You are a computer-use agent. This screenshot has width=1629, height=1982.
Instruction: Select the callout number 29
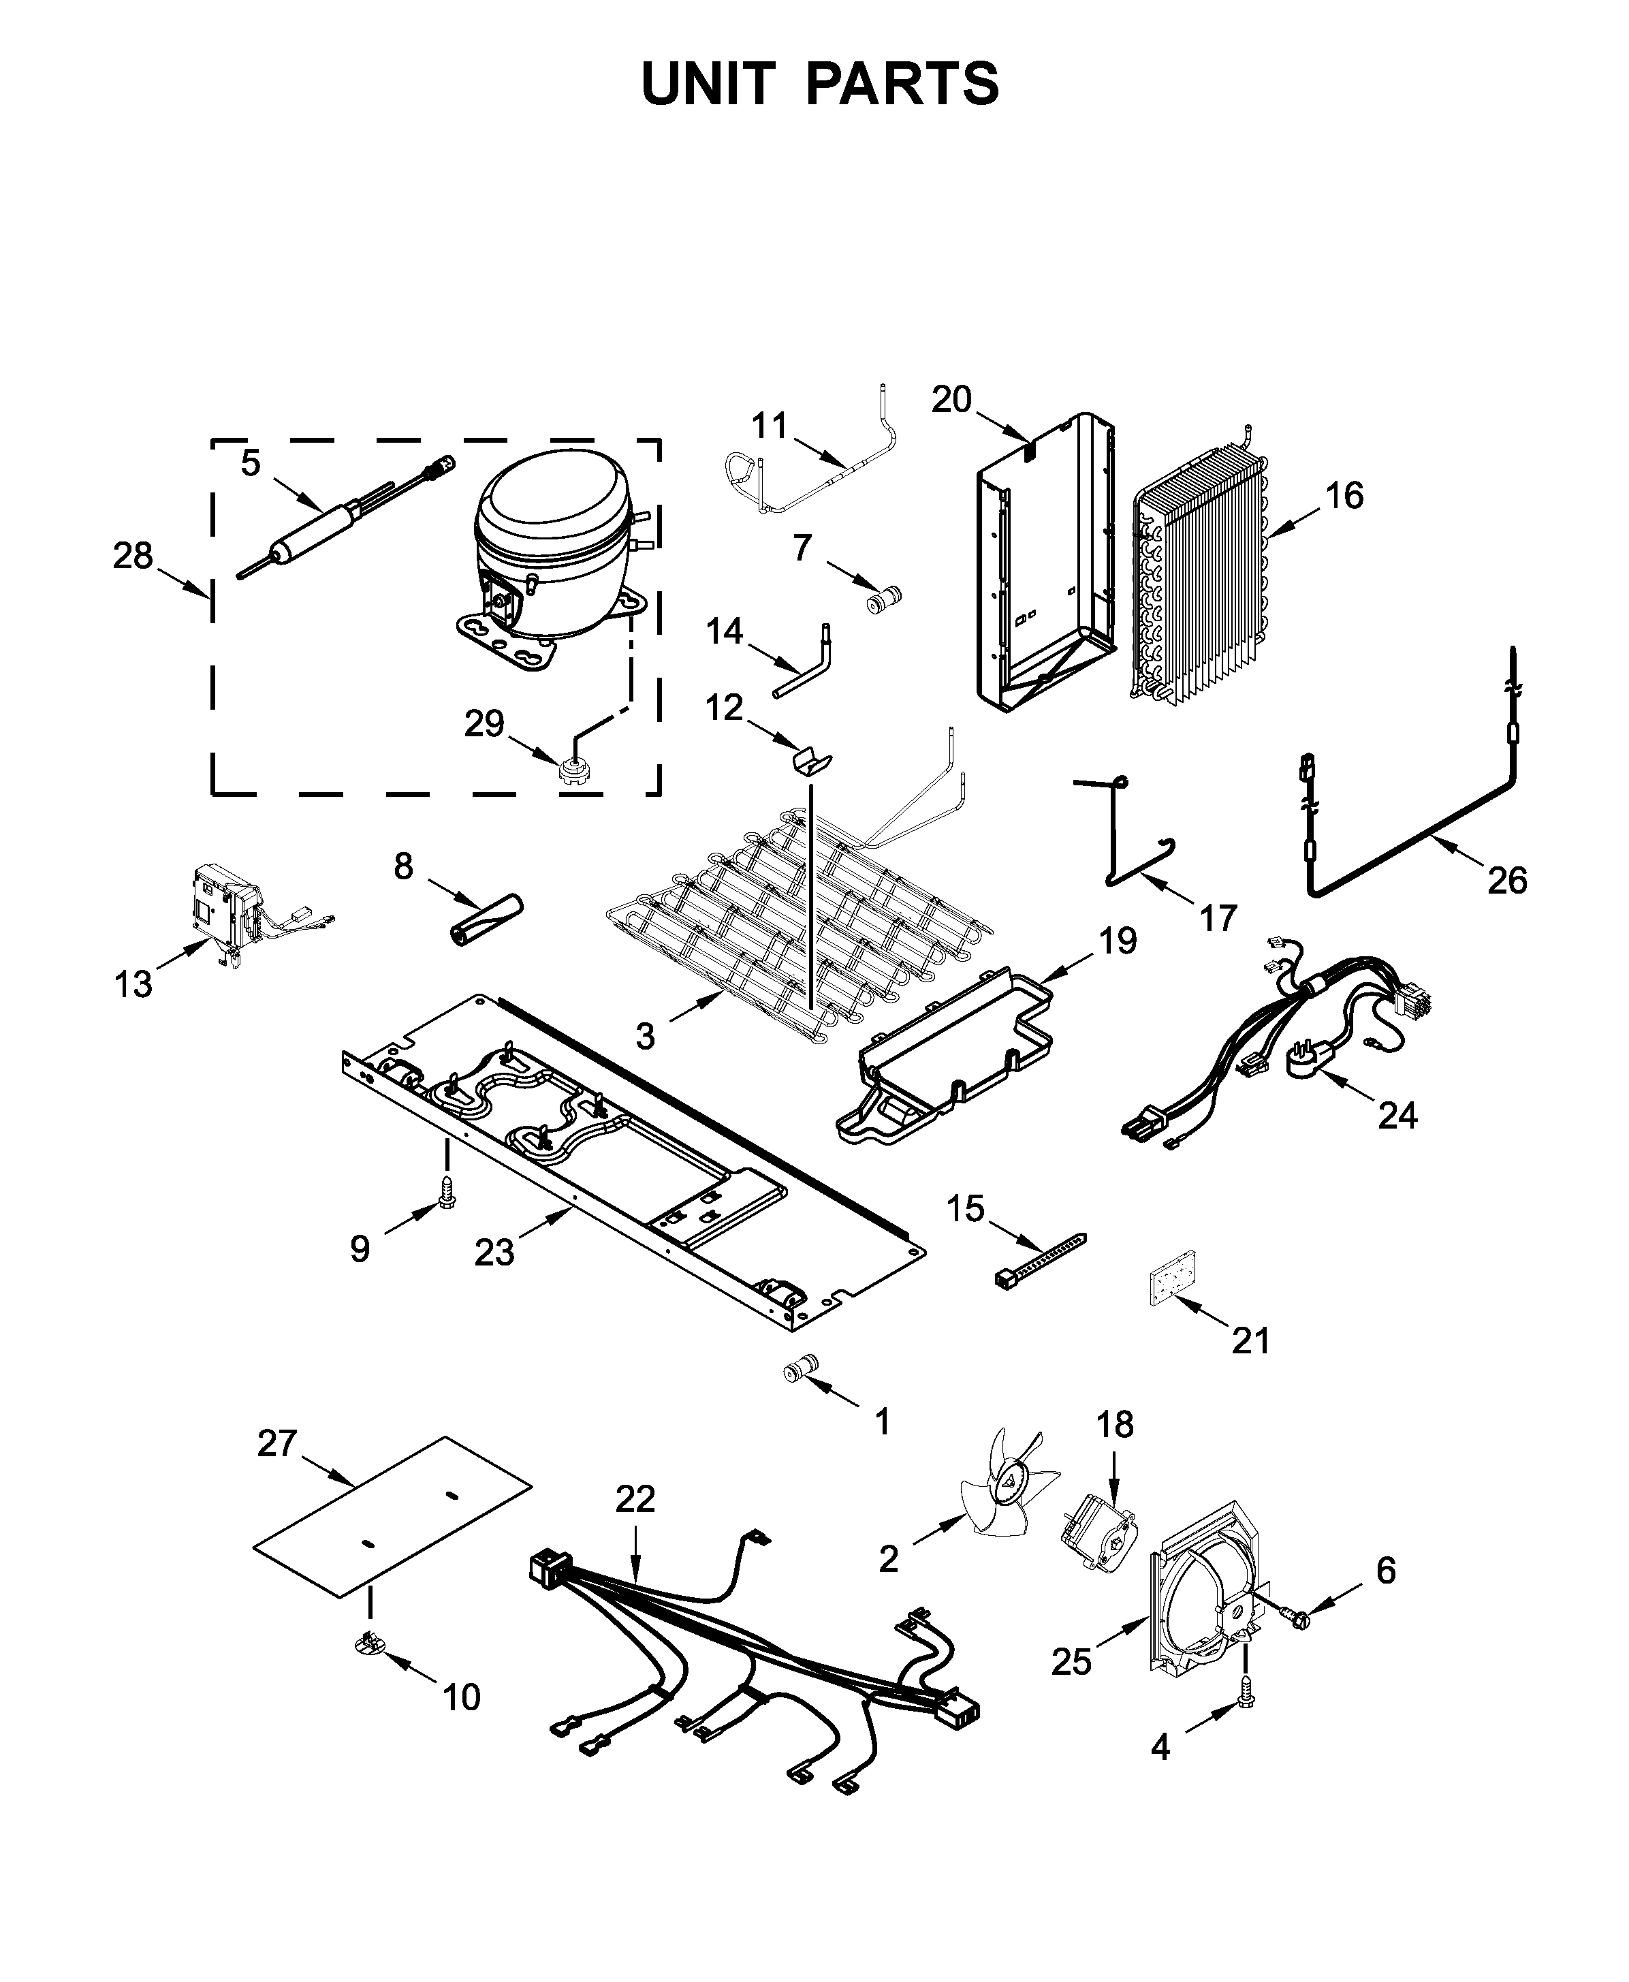pos(484,723)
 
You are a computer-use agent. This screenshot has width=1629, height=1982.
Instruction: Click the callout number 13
pos(133,984)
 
